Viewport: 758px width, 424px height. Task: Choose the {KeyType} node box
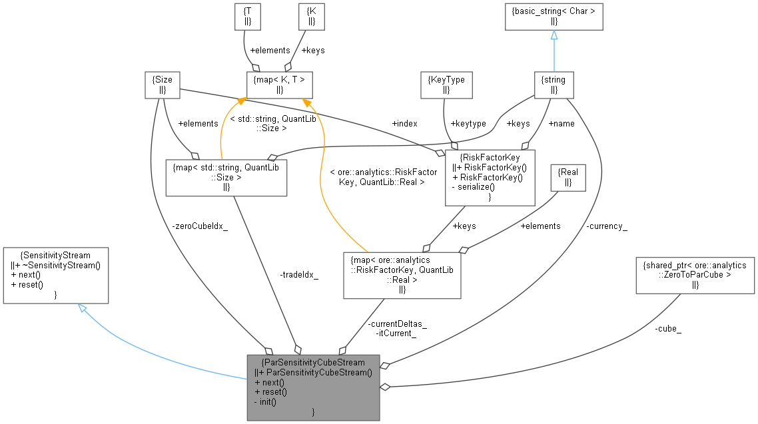coord(446,85)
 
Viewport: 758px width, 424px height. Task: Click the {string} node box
coord(554,85)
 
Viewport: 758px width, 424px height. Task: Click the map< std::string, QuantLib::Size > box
coord(226,176)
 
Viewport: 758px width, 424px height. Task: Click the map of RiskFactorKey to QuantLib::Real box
coord(401,275)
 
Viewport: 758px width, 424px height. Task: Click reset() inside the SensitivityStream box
coord(27,284)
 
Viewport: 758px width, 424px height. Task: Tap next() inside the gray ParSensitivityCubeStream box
coord(269,382)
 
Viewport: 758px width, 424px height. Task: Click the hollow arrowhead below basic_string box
coord(554,35)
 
